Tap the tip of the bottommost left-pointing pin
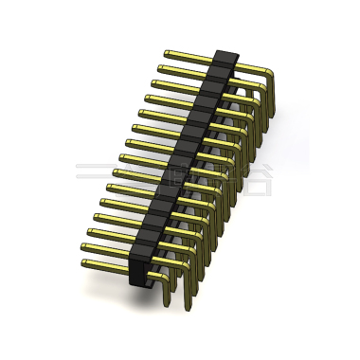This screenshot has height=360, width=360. coord(84,261)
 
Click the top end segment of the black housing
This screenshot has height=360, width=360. coord(224,59)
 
